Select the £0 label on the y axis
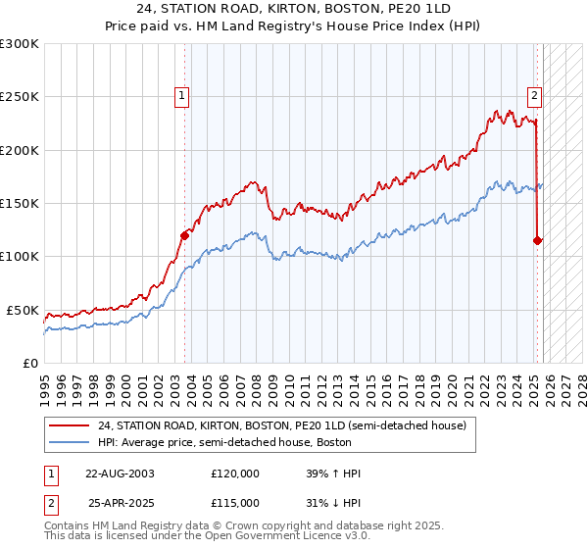[30, 363]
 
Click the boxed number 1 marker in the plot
[183, 95]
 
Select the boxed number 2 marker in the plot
[534, 95]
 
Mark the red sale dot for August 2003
[185, 234]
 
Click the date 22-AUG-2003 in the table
[120, 474]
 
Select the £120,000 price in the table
[235, 474]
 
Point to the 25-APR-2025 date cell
[121, 503]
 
